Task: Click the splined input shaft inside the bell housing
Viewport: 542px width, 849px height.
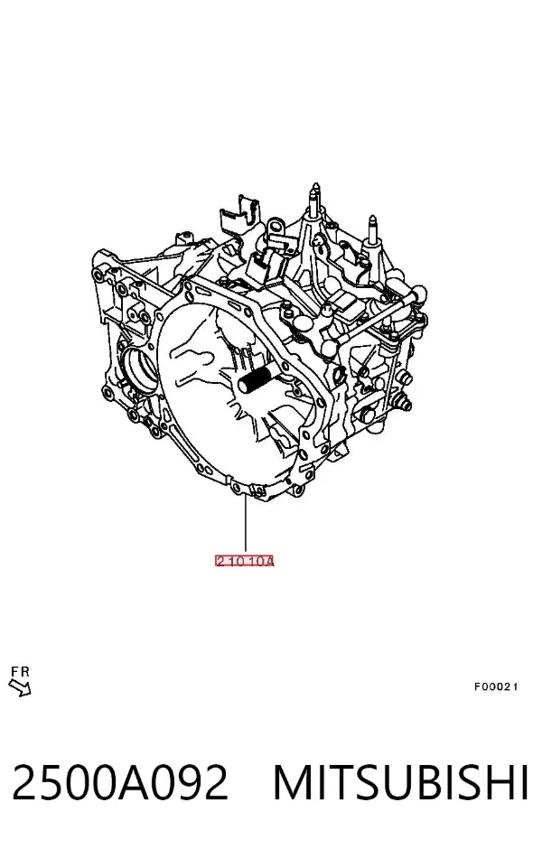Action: click(258, 379)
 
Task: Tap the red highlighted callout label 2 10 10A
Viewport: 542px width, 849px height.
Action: click(245, 561)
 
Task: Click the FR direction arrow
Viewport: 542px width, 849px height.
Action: click(20, 688)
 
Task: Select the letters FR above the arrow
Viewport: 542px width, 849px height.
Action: click(20, 672)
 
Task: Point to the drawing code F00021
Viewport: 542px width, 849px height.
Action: click(496, 686)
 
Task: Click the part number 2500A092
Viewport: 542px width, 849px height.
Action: click(119, 782)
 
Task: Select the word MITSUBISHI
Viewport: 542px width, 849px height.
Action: click(400, 782)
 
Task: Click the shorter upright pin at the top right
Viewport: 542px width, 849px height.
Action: click(373, 230)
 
